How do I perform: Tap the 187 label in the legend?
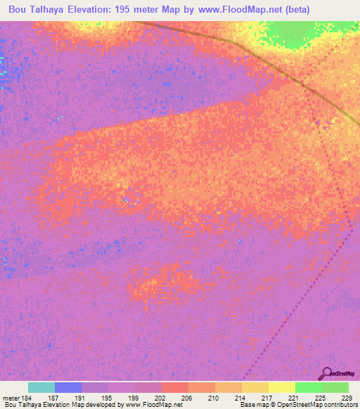click(x=55, y=398)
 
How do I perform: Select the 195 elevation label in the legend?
click(x=108, y=398)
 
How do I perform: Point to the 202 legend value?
click(x=161, y=398)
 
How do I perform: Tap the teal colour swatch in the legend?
click(x=41, y=387)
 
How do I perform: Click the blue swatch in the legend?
click(x=68, y=387)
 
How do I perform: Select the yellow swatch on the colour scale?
click(x=282, y=387)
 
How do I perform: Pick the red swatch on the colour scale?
click(x=175, y=387)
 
